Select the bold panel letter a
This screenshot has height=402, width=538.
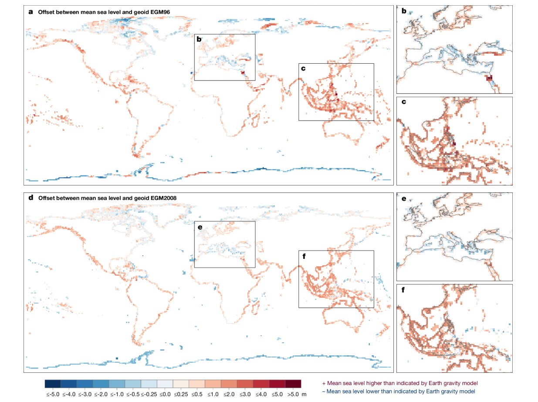(x=30, y=12)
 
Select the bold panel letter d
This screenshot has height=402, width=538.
(x=30, y=198)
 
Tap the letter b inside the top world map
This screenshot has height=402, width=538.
(x=199, y=39)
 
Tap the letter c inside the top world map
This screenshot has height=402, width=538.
(x=303, y=69)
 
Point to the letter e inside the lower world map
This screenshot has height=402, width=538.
(x=199, y=227)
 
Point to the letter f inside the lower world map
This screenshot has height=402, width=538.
(x=303, y=256)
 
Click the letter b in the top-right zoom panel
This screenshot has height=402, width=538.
(x=403, y=11)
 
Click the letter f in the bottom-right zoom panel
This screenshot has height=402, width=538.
(x=403, y=290)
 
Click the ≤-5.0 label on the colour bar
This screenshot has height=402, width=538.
(x=52, y=394)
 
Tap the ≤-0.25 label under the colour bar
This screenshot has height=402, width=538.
(x=149, y=394)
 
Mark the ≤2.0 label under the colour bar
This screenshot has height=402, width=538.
(x=229, y=394)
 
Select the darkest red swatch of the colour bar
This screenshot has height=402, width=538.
(x=293, y=384)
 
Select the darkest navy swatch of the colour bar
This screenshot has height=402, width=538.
(x=53, y=384)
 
